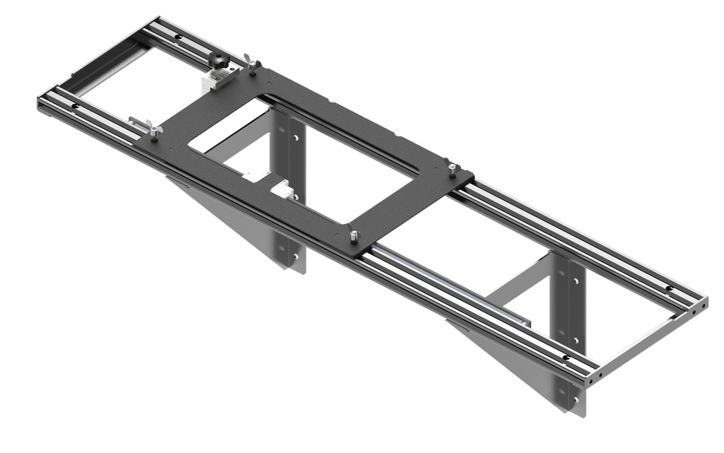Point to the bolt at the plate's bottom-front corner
353,235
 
